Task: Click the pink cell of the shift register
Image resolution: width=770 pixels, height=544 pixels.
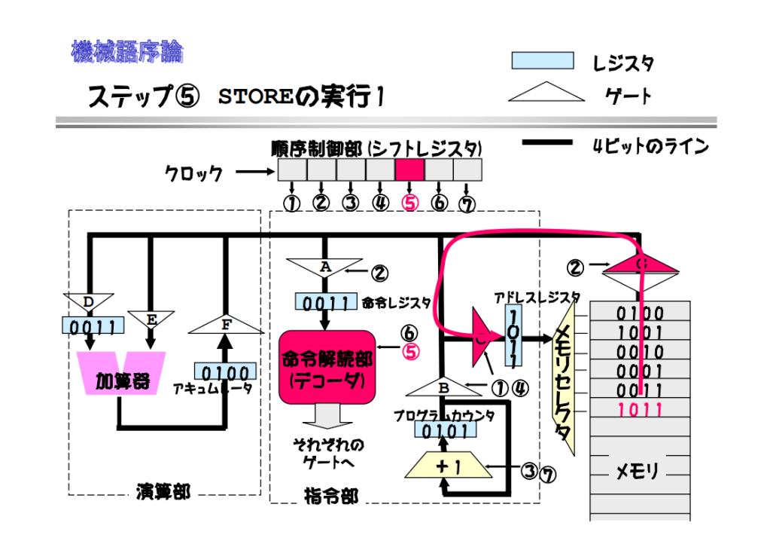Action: (x=409, y=170)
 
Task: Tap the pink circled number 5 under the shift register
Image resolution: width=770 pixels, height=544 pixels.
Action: (x=409, y=203)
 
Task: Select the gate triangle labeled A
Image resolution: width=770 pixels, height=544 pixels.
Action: (x=324, y=268)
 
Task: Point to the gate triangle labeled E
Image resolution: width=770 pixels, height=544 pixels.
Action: (x=151, y=319)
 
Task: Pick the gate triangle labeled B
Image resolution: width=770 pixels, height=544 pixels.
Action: (x=444, y=387)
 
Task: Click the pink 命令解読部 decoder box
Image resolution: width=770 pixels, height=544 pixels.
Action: (x=326, y=369)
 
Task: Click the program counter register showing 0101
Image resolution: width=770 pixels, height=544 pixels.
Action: (x=444, y=431)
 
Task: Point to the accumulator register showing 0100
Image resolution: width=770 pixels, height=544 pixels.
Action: (x=224, y=372)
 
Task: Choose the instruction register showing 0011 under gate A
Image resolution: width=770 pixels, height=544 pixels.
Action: (x=325, y=302)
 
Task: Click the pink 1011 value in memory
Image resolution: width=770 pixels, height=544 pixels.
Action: (x=640, y=411)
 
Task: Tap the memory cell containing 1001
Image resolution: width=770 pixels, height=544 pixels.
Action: (x=640, y=332)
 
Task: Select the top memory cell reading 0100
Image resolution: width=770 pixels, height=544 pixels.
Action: (x=640, y=313)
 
